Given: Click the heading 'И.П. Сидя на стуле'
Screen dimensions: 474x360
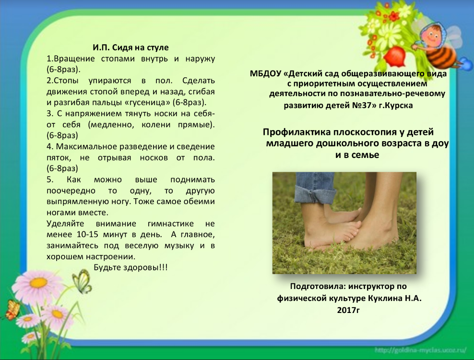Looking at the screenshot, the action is (x=130, y=48).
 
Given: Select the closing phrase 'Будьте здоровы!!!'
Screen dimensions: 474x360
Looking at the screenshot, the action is (x=130, y=267).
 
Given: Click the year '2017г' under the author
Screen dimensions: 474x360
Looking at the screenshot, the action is (x=348, y=310).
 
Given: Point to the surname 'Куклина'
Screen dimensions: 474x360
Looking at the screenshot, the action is (x=385, y=298).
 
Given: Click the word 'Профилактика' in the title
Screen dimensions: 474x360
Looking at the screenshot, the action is (x=296, y=132).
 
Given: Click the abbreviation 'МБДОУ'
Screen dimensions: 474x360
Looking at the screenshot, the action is (x=266, y=74).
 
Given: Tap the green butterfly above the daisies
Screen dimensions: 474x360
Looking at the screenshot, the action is (x=82, y=282).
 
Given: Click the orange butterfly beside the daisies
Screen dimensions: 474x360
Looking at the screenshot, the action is (x=12, y=309).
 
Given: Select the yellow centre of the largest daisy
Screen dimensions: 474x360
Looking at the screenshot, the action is (x=38, y=283).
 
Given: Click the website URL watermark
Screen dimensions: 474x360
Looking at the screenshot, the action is (x=421, y=350).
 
